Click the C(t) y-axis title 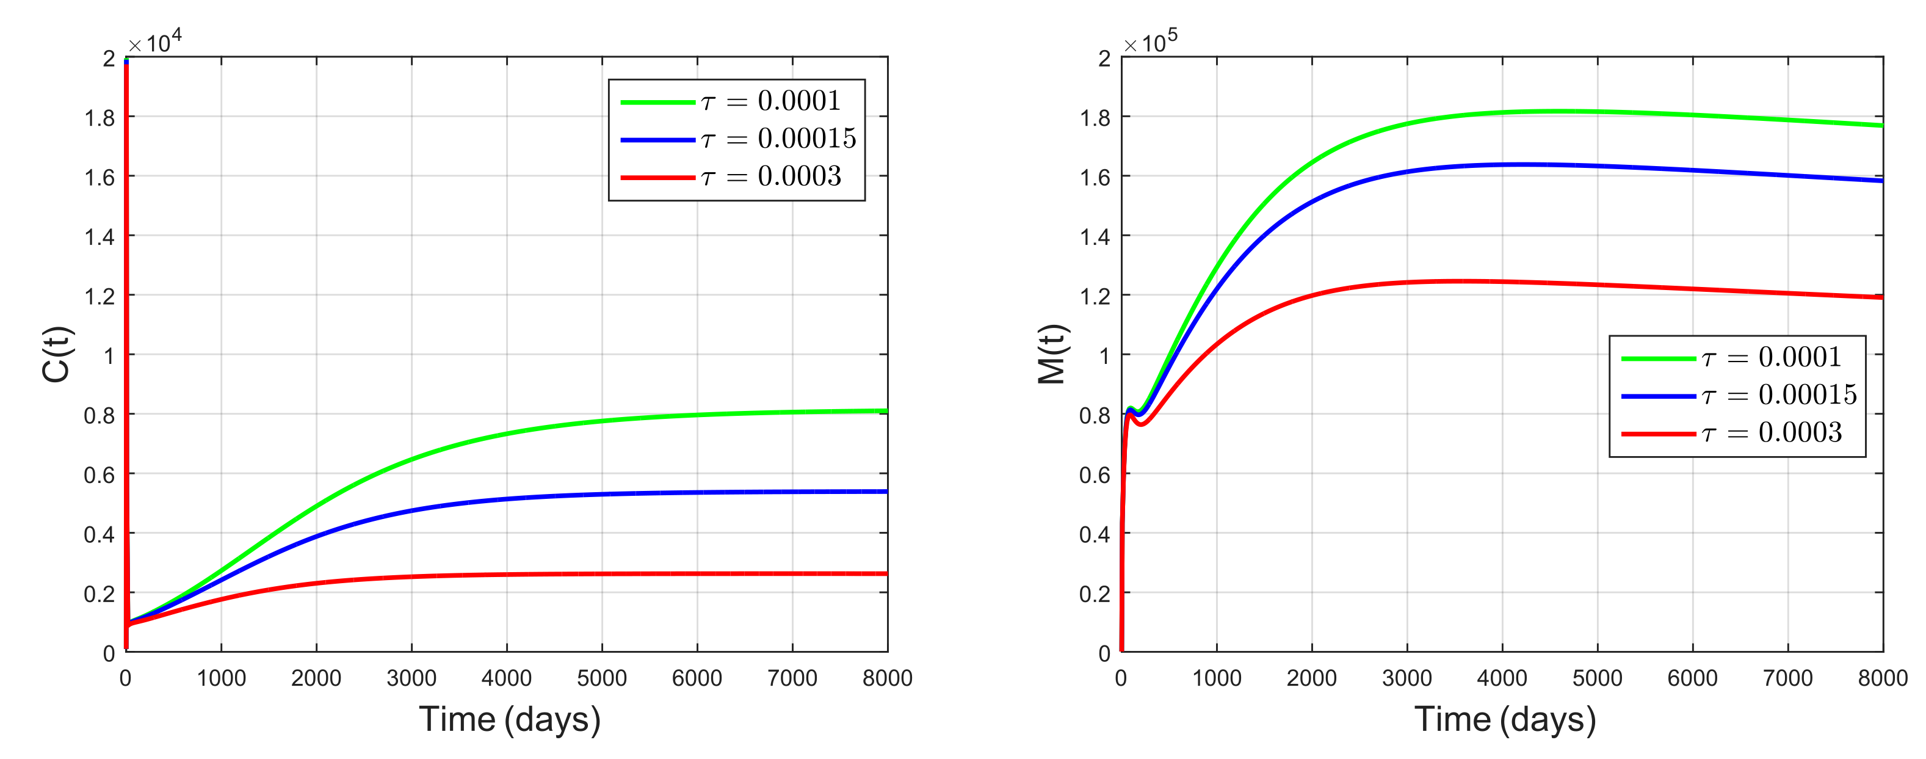(x=56, y=354)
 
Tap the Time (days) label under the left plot (x=509, y=719)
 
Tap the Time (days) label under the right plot (x=1504, y=719)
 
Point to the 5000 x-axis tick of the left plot (x=601, y=678)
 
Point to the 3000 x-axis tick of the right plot (x=1406, y=678)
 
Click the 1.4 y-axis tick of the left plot (x=99, y=237)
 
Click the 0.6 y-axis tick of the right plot (x=1094, y=475)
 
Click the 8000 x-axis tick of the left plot (x=887, y=678)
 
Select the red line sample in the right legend (x=1659, y=434)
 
